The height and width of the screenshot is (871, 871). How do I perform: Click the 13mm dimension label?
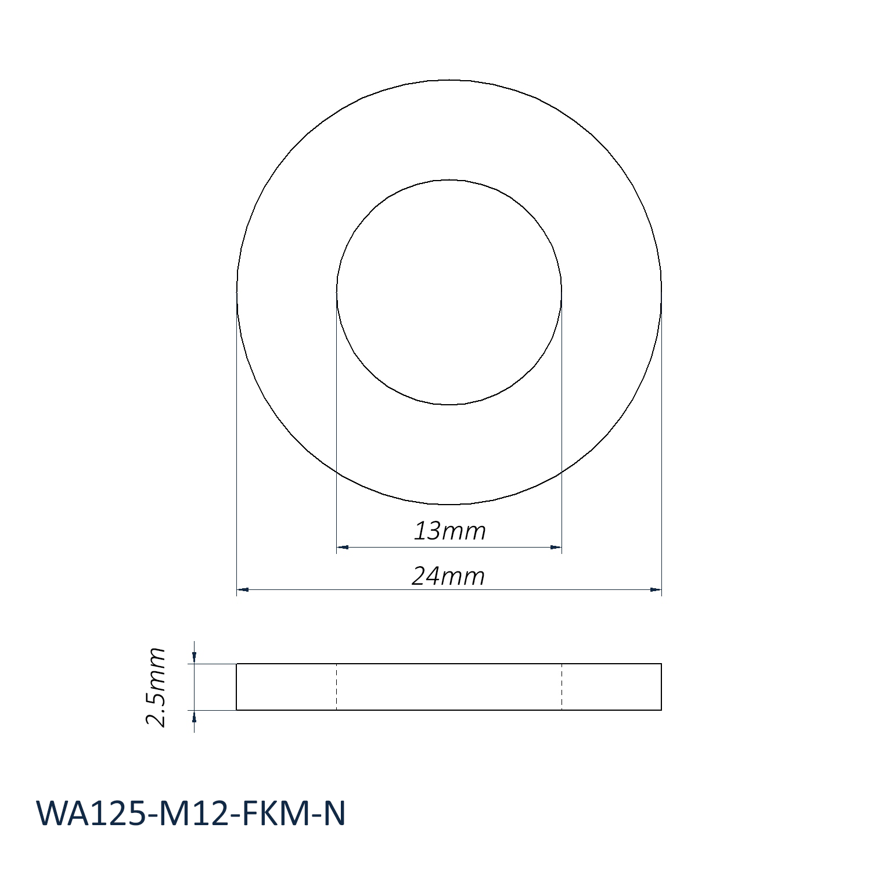point(449,531)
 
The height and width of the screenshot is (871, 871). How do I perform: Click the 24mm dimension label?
point(448,576)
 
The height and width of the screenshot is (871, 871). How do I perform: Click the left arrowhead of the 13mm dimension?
point(342,547)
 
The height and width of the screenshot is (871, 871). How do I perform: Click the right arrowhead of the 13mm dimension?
point(556,547)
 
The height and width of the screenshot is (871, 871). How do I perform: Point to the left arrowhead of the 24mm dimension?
point(243,590)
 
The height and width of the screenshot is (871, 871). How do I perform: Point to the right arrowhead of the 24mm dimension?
point(656,590)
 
